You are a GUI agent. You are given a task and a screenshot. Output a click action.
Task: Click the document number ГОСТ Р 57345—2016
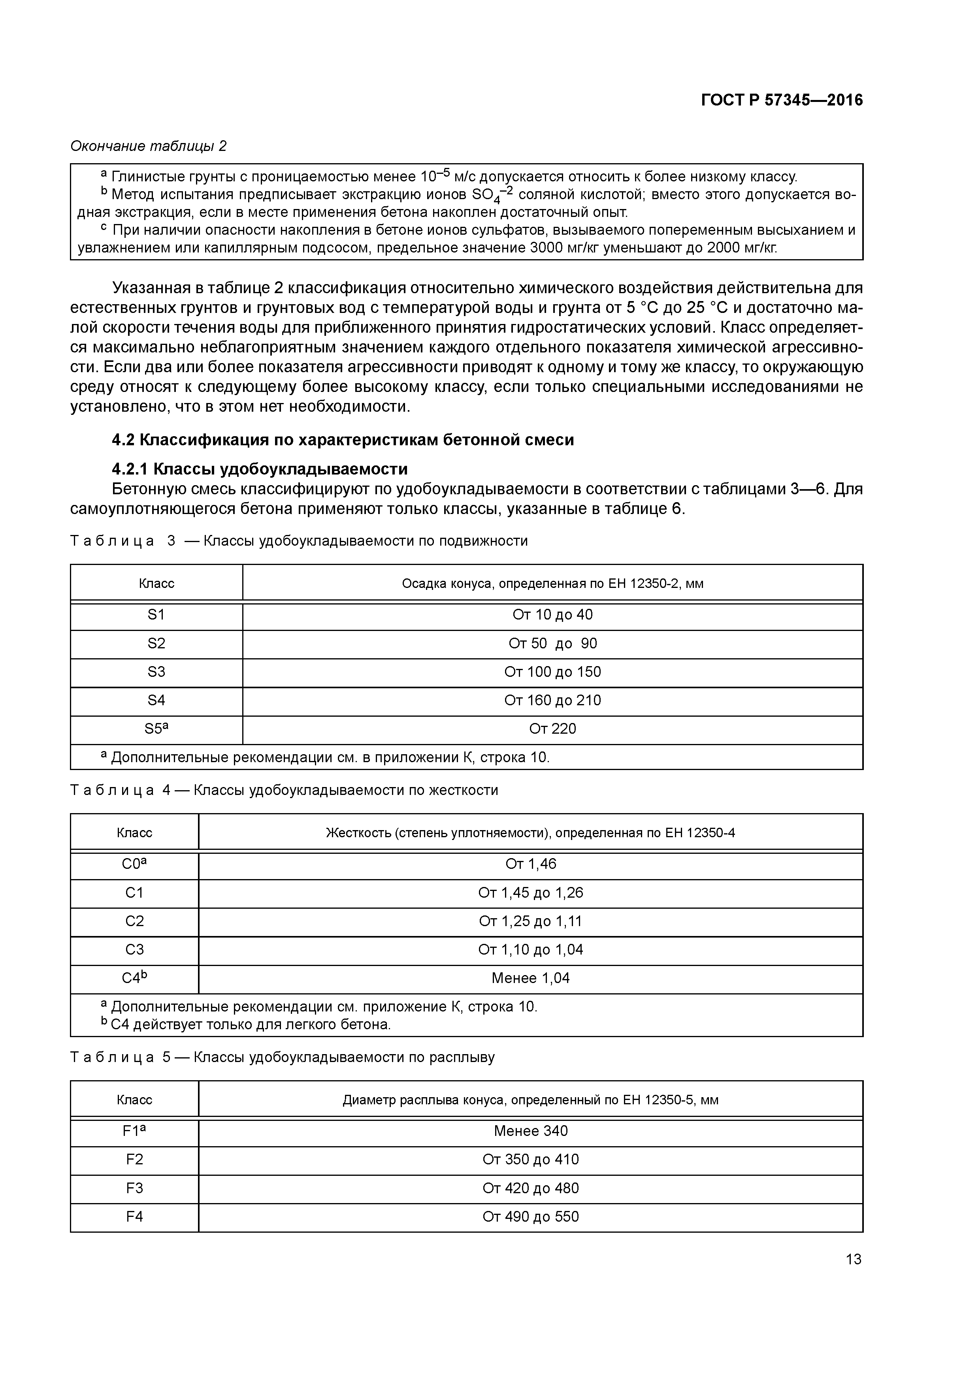[782, 100]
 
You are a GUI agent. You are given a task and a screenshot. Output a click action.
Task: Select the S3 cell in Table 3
[156, 672]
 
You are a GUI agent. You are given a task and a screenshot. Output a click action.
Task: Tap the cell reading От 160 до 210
[552, 700]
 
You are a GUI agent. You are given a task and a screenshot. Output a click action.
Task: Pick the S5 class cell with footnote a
[156, 729]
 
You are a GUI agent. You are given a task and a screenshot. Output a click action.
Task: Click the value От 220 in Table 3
[552, 729]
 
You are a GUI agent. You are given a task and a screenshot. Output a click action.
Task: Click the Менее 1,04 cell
[530, 978]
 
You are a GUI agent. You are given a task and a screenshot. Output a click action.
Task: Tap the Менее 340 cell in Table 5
[530, 1131]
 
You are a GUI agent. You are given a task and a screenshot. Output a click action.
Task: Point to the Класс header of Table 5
[134, 1100]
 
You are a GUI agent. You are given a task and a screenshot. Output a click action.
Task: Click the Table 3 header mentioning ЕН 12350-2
[552, 584]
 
